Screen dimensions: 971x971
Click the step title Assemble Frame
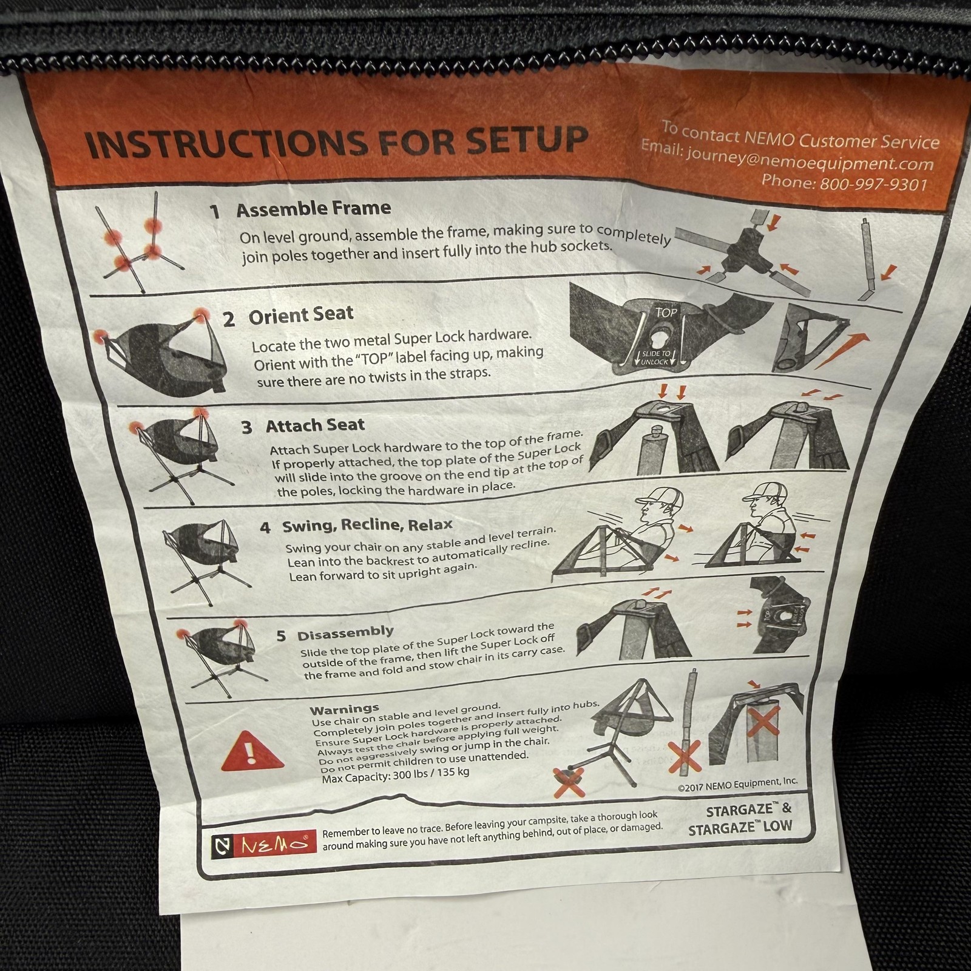[313, 209]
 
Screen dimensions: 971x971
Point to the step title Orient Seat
[300, 315]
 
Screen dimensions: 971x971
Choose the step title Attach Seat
[315, 425]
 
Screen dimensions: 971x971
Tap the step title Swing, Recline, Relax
[367, 525]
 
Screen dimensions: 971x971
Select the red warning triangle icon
[252, 752]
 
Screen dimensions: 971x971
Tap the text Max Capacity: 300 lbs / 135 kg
[395, 775]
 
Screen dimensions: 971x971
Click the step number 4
[265, 527]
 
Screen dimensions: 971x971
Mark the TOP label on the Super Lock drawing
[666, 313]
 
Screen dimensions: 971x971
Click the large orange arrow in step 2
[840, 351]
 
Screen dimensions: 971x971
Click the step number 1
[214, 211]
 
